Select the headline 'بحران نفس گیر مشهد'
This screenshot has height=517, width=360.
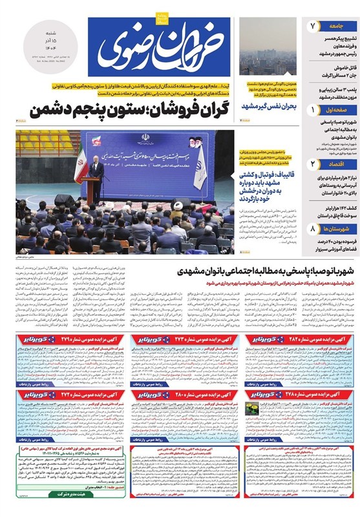pyautogui.click(x=268, y=104)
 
